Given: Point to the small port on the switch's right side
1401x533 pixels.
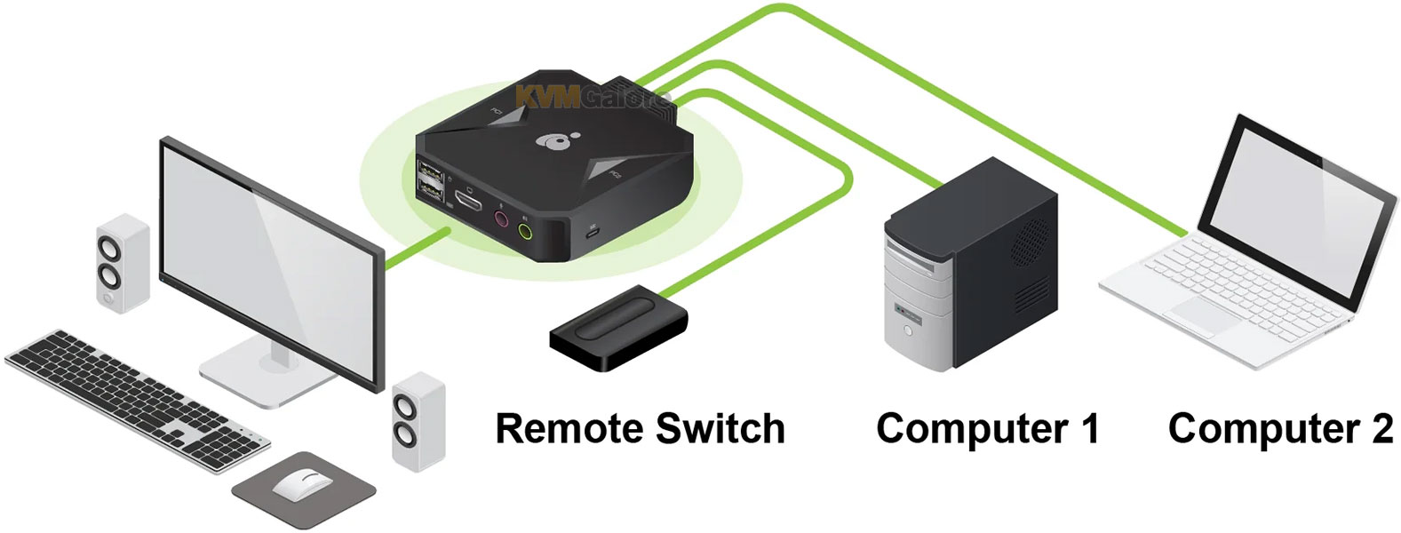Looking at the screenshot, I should point(593,235).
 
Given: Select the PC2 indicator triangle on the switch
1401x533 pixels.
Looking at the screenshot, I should point(607,172).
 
